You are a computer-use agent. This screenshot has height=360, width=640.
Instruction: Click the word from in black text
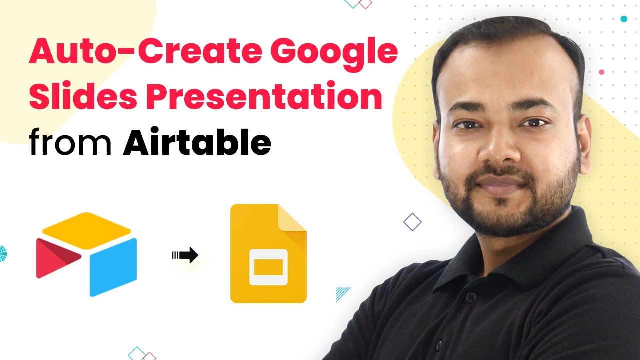(70, 141)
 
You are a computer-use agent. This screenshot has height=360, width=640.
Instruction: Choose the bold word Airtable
(197, 141)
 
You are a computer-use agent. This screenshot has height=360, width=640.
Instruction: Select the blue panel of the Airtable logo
(113, 267)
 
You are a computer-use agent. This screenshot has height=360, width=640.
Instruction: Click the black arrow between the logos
(185, 255)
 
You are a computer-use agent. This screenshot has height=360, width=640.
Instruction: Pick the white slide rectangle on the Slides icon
(268, 267)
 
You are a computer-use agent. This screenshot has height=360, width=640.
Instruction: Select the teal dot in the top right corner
(624, 19)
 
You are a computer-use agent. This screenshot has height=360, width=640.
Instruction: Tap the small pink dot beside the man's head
(601, 72)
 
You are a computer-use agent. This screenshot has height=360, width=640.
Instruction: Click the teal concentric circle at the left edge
(3, 253)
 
